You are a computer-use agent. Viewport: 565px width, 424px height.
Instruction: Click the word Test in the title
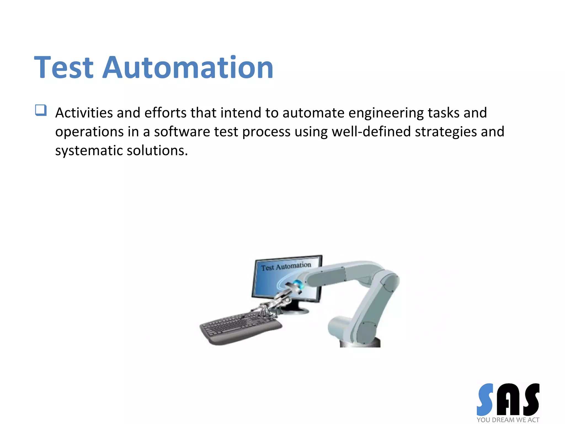[x=64, y=68]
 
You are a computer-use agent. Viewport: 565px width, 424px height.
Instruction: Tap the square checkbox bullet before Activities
[x=41, y=110]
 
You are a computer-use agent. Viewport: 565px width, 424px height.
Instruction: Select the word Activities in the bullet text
[x=84, y=113]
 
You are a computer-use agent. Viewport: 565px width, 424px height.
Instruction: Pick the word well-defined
[x=371, y=132]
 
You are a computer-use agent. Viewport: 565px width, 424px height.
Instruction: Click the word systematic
[x=89, y=151]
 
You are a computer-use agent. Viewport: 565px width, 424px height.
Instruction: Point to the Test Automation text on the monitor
[x=286, y=266]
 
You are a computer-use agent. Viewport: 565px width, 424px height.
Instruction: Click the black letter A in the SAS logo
[x=508, y=400]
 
